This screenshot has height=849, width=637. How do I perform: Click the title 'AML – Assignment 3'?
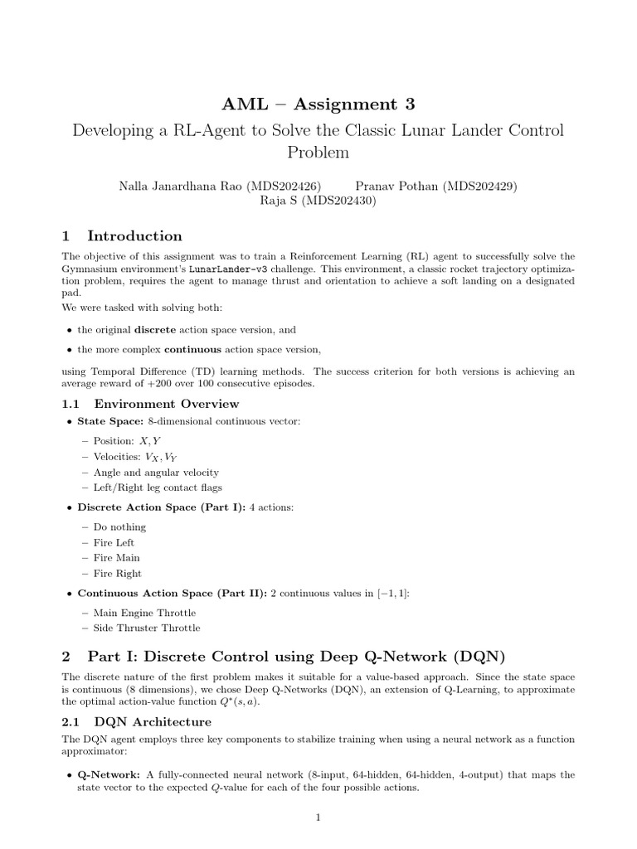pos(318,104)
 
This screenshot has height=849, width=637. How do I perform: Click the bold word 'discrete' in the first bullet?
pos(172,329)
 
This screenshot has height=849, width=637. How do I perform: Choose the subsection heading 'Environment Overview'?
pos(166,404)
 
